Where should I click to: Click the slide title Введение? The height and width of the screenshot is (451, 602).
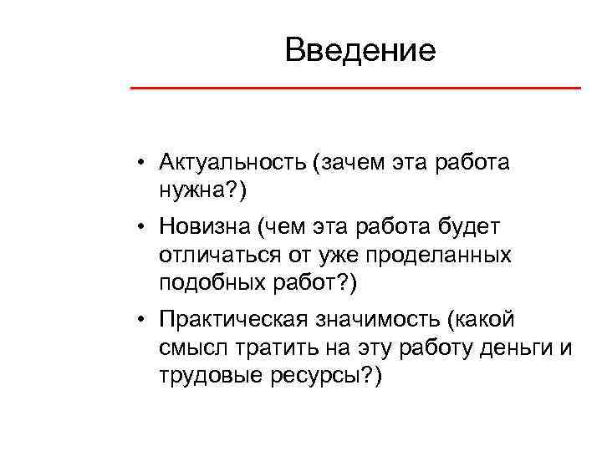tap(360, 51)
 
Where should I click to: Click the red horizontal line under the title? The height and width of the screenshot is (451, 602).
tap(355, 88)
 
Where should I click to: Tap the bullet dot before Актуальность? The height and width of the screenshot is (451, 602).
tap(144, 162)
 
